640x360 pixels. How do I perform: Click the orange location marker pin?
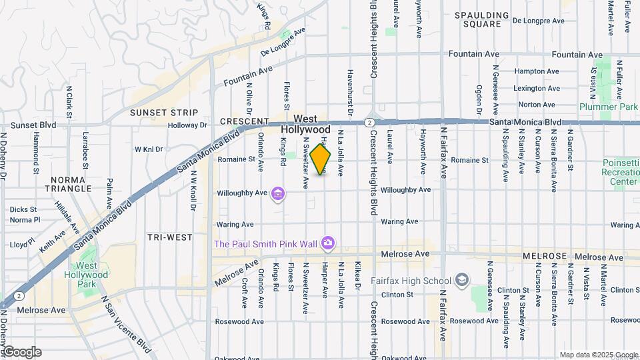point(321,159)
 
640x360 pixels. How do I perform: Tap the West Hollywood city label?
point(305,124)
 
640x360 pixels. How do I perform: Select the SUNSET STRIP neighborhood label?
point(164,113)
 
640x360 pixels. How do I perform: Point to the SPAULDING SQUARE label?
point(486,19)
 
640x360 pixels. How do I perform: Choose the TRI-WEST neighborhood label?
point(170,237)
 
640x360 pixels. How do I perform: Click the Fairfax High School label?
point(414,280)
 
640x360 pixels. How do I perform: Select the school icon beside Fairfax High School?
point(461,280)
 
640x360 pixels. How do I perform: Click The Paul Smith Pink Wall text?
point(265,244)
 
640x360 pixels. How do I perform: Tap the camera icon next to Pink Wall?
point(327,243)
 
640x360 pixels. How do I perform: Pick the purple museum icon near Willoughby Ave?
point(278,194)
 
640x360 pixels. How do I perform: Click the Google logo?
point(21,352)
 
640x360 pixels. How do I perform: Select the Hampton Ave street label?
point(537,71)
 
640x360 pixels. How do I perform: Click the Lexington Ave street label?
point(537,88)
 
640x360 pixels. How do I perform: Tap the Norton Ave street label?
point(537,105)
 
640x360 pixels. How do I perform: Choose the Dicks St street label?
point(23,209)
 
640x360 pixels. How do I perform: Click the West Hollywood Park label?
point(90,275)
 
